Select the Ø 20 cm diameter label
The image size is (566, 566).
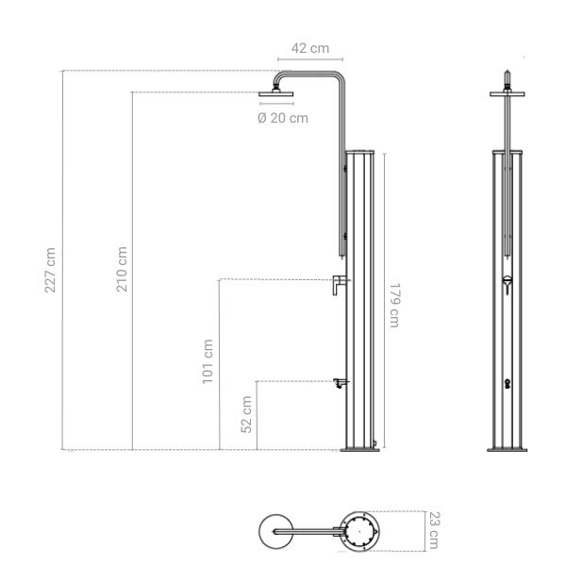(x=282, y=118)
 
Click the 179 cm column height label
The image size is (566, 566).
(x=394, y=305)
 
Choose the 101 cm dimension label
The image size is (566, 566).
(x=208, y=360)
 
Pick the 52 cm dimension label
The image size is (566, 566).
(x=246, y=413)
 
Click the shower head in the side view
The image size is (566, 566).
(x=275, y=92)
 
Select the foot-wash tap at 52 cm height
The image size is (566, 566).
(x=338, y=382)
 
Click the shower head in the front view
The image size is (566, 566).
(x=508, y=92)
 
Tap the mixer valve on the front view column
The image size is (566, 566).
(x=508, y=281)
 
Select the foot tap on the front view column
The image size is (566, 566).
(x=508, y=383)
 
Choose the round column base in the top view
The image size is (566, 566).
(x=358, y=530)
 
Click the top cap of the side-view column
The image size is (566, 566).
(x=360, y=152)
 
